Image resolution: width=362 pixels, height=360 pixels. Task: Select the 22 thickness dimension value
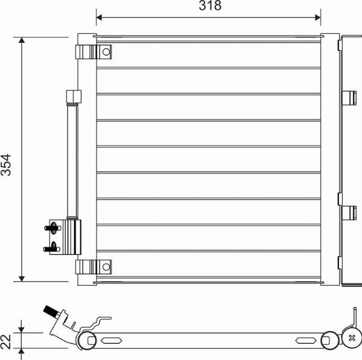click(x=7, y=340)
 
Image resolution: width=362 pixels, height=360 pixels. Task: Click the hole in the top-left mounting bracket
click(x=106, y=52)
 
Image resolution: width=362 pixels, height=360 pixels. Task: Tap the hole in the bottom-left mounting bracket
click(x=106, y=266)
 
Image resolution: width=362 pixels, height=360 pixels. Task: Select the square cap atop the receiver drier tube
click(x=74, y=97)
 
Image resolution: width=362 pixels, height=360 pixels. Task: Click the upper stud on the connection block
click(x=52, y=228)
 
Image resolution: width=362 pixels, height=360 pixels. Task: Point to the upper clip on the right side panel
click(x=349, y=97)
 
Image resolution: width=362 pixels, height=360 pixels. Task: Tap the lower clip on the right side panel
click(x=349, y=213)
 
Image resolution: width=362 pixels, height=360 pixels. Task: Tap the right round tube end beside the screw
click(x=329, y=339)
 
